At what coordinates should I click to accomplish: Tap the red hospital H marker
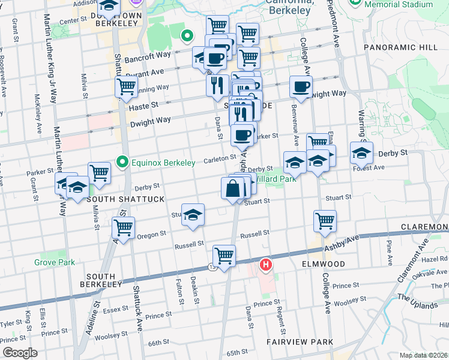tap(265, 264)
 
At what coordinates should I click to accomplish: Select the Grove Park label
tap(55, 262)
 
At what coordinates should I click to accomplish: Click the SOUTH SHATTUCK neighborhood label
tap(118, 199)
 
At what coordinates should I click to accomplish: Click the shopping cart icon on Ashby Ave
tap(224, 256)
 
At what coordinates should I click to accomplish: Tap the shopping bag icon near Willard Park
tap(233, 189)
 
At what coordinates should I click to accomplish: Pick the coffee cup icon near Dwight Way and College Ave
tap(301, 86)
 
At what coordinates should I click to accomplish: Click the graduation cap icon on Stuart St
tap(193, 215)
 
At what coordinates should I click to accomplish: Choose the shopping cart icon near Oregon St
tap(123, 228)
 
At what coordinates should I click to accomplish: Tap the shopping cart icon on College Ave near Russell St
tap(325, 221)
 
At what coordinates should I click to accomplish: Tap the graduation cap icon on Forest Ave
tap(361, 153)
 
